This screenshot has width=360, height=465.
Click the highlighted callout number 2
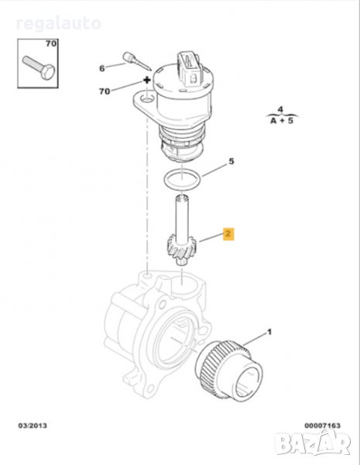pyautogui.click(x=228, y=234)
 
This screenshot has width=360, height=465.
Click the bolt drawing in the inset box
pyautogui.click(x=39, y=67)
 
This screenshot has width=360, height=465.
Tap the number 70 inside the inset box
pyautogui.click(x=51, y=43)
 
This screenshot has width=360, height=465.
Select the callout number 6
pyautogui.click(x=102, y=68)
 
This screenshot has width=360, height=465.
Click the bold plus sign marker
pyautogui.click(x=146, y=80)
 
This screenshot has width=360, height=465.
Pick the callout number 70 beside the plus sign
pyautogui.click(x=105, y=91)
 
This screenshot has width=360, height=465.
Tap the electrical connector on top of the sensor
pyautogui.click(x=190, y=67)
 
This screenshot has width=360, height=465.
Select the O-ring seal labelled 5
pyautogui.click(x=182, y=180)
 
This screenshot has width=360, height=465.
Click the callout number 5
pyautogui.click(x=231, y=161)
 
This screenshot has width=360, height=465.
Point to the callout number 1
pyautogui.click(x=269, y=332)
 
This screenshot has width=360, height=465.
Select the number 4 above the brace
pyautogui.click(x=280, y=110)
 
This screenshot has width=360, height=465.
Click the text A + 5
pyautogui.click(x=282, y=121)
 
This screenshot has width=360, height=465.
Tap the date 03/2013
pyautogui.click(x=33, y=425)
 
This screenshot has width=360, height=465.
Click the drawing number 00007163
pyautogui.click(x=322, y=425)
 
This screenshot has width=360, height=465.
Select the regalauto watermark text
pyautogui.click(x=58, y=23)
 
